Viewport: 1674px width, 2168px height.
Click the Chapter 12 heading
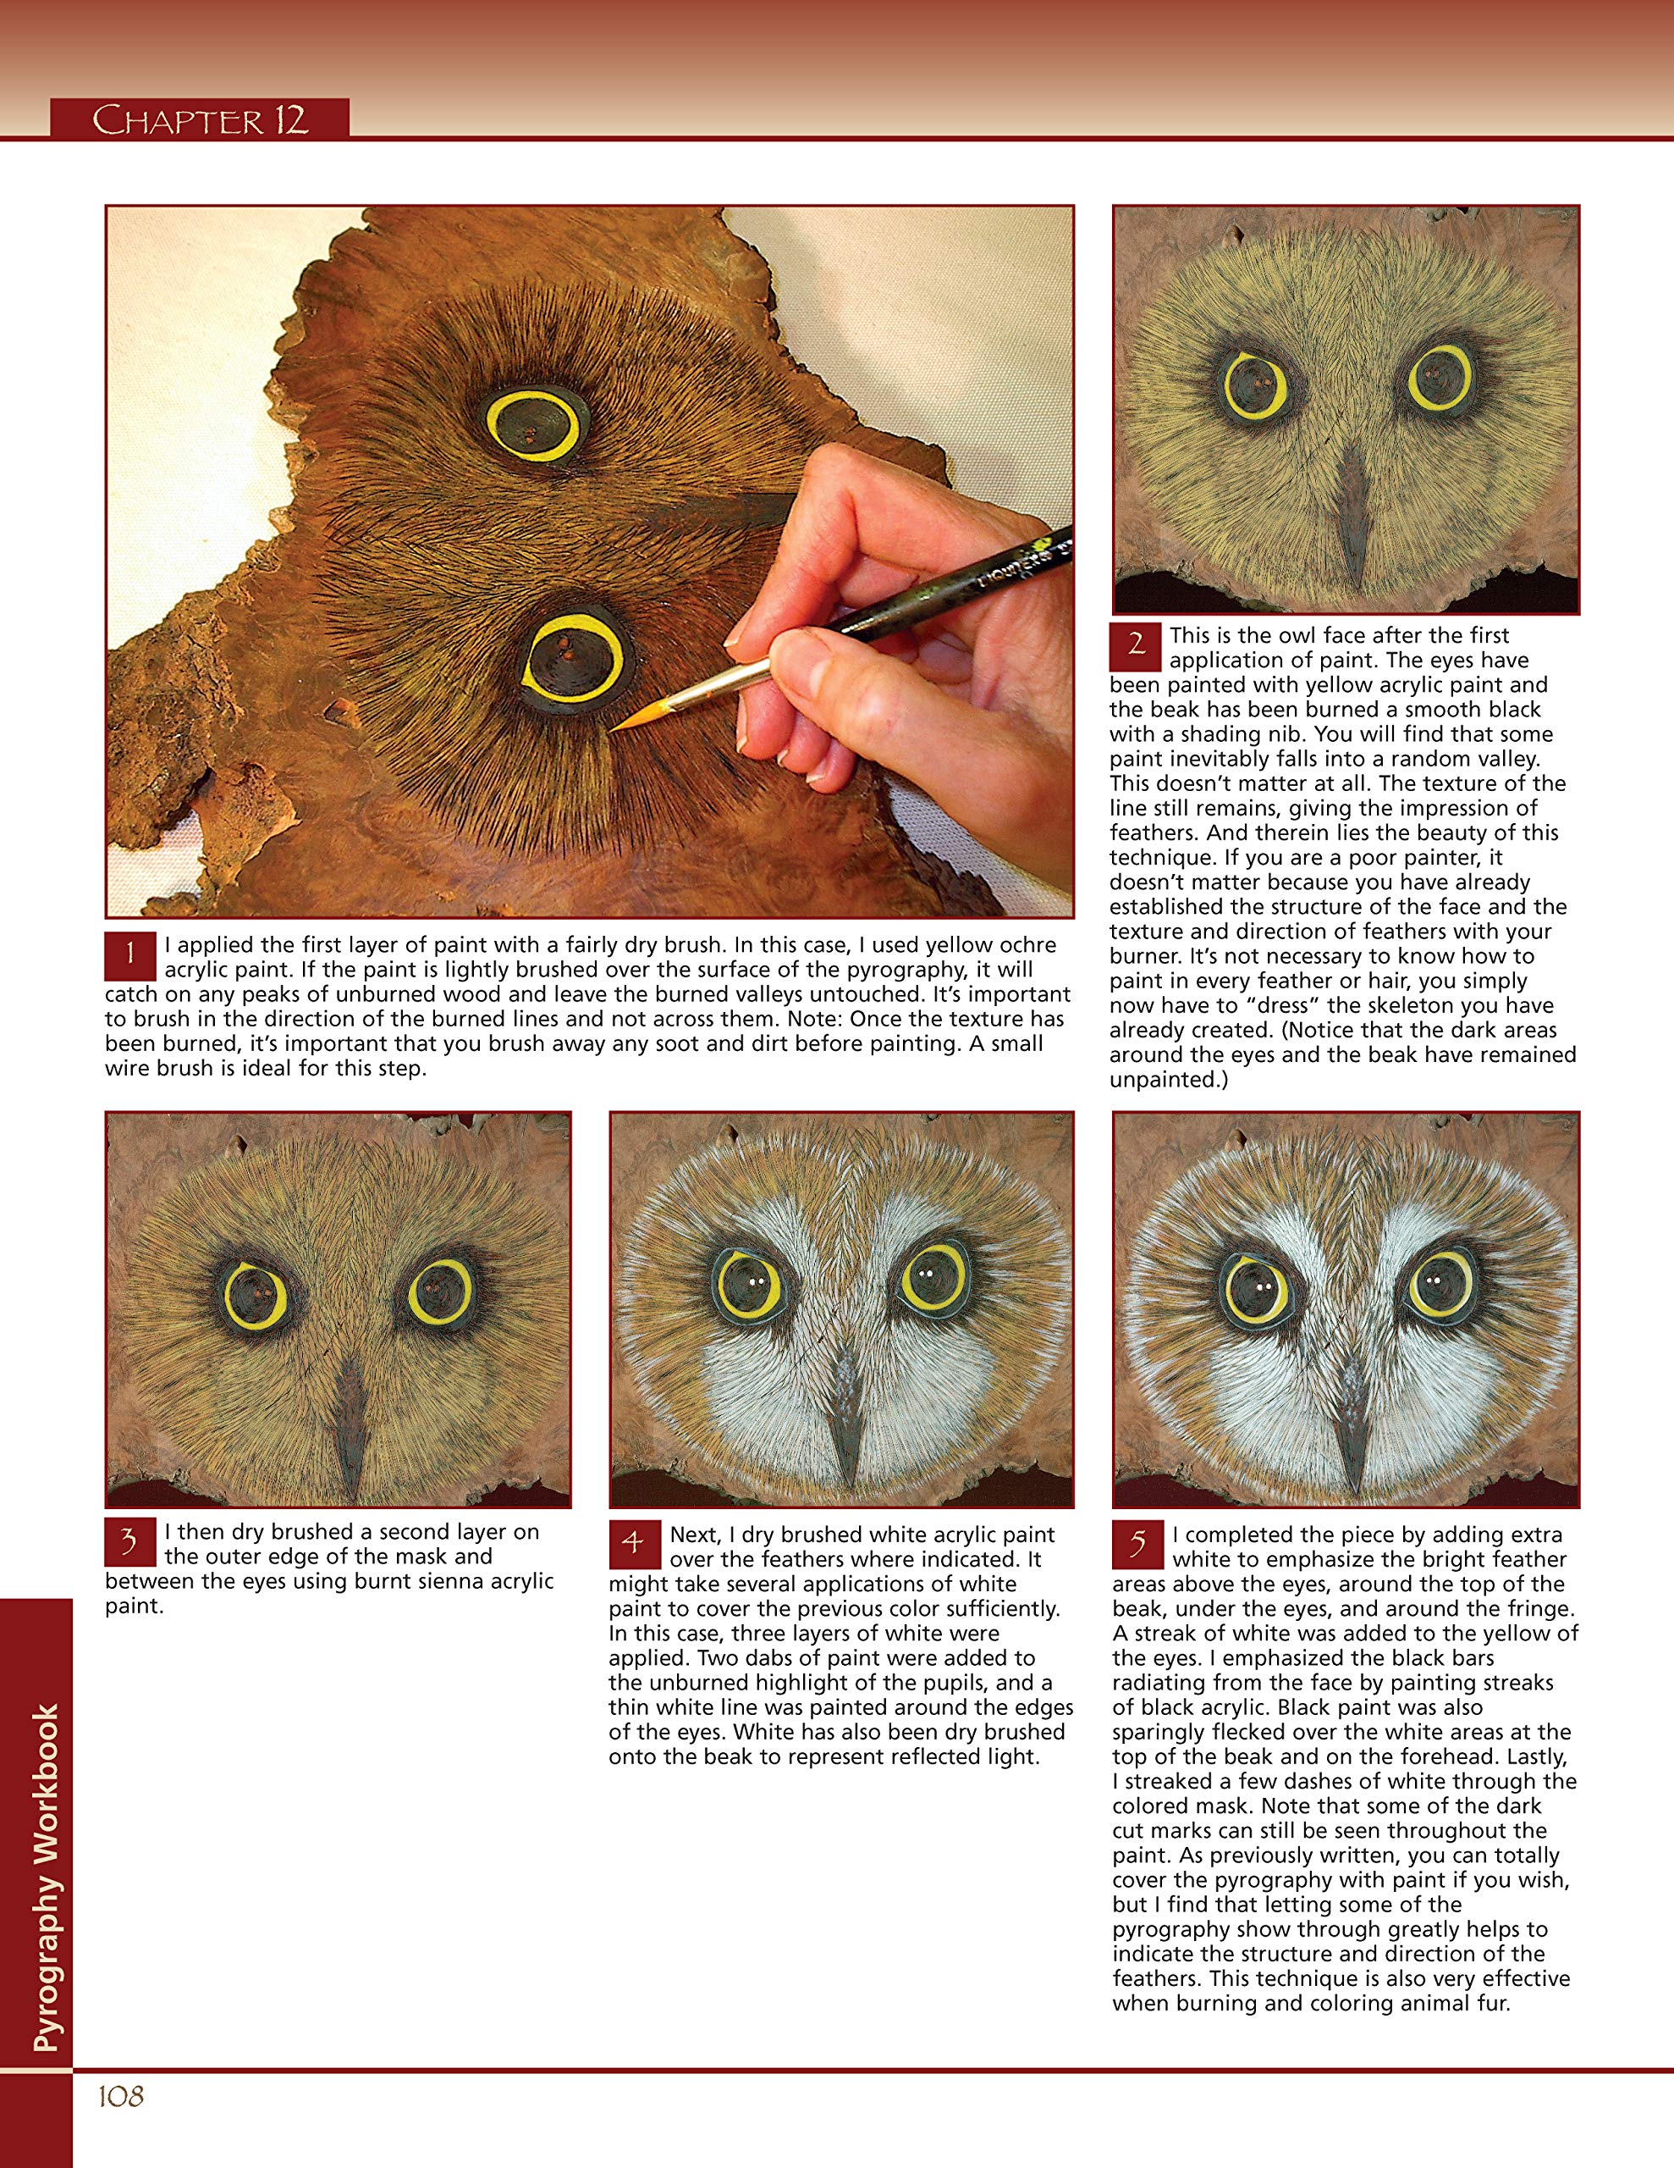tap(200, 120)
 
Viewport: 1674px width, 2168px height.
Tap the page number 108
tap(121, 2095)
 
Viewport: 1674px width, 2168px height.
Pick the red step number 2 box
tap(1135, 645)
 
